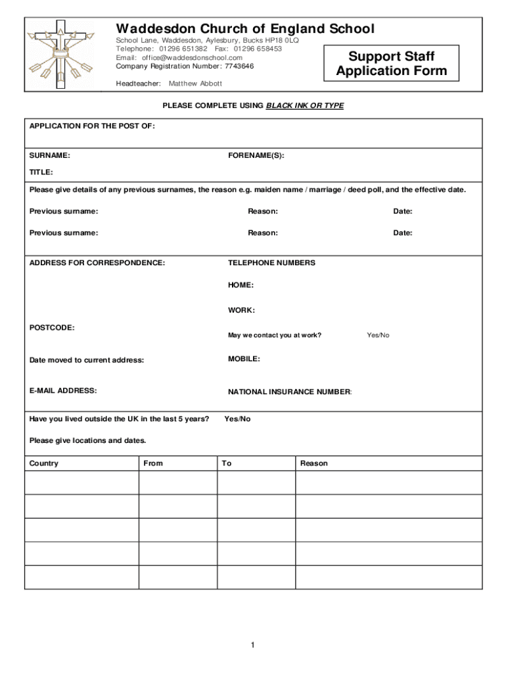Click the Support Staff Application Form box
391,64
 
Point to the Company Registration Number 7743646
185,66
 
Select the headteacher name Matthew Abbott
195,84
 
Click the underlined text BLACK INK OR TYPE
304,106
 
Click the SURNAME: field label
50,156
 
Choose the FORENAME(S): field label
256,156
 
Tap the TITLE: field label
41,172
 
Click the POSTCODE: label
52,327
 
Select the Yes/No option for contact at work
378,335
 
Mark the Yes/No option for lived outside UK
237,419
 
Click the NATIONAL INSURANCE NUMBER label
290,392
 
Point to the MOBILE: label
244,359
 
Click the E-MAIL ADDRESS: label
63,390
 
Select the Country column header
44,463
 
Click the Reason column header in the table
313,463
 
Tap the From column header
153,463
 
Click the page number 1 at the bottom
252,645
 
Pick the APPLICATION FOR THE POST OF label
92,126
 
